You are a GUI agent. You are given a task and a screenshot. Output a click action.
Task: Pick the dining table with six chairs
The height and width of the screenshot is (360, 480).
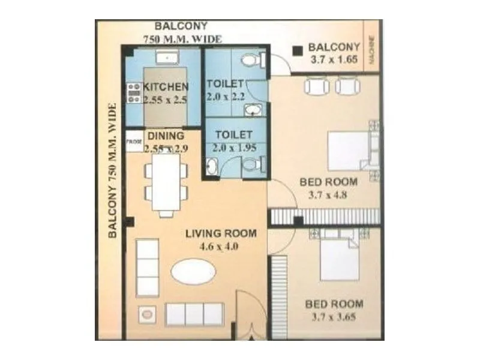pos(166,182)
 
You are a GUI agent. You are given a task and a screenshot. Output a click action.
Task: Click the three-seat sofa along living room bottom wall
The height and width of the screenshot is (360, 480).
pos(194,314)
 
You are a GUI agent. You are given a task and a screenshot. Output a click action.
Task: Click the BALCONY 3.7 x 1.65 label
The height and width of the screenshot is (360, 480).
pos(334,53)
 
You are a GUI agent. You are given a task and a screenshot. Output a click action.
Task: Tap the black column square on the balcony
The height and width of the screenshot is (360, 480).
pos(296,52)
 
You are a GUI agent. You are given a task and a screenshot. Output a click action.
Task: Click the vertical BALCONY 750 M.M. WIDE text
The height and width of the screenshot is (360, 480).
pos(112,171)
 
